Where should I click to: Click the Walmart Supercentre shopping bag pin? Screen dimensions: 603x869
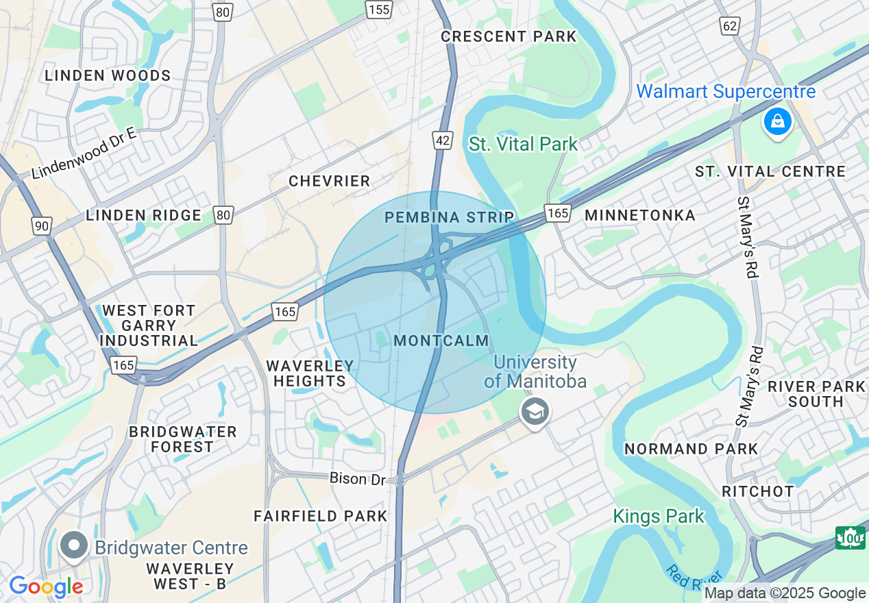[x=777, y=122]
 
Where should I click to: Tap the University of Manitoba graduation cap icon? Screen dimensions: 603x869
[x=535, y=412]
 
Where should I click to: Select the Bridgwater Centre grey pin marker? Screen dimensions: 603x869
[x=73, y=546]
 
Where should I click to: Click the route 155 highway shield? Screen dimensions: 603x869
[x=378, y=9]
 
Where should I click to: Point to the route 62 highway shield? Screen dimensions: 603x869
[x=729, y=26]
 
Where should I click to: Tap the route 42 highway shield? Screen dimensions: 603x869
[x=443, y=140]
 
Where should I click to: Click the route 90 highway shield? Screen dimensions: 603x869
[x=41, y=225]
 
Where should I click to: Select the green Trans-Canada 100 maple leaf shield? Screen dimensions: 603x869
[x=850, y=538]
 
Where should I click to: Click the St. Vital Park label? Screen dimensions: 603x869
[x=524, y=144]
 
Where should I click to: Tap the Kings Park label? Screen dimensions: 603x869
[x=658, y=516]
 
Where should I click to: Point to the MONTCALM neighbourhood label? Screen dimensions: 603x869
[x=441, y=341]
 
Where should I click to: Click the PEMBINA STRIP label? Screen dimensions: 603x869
[x=449, y=217]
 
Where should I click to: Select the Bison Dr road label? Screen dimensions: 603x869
[x=357, y=478]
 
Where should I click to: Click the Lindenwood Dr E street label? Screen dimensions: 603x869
[x=84, y=153]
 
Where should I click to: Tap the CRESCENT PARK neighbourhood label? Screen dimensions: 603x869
[x=509, y=36]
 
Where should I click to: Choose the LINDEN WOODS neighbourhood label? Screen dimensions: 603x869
[x=108, y=75]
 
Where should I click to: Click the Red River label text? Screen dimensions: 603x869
[x=693, y=580]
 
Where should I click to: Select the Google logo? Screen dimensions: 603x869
[x=46, y=587]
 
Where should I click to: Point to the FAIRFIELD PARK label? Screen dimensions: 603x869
[x=321, y=516]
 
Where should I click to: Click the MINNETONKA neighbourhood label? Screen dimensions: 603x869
[x=639, y=215]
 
